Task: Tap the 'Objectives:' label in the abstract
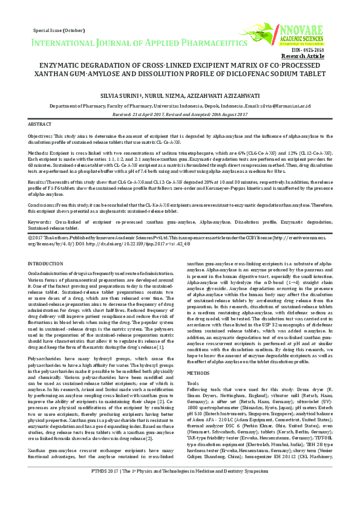(x=44, y=137)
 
